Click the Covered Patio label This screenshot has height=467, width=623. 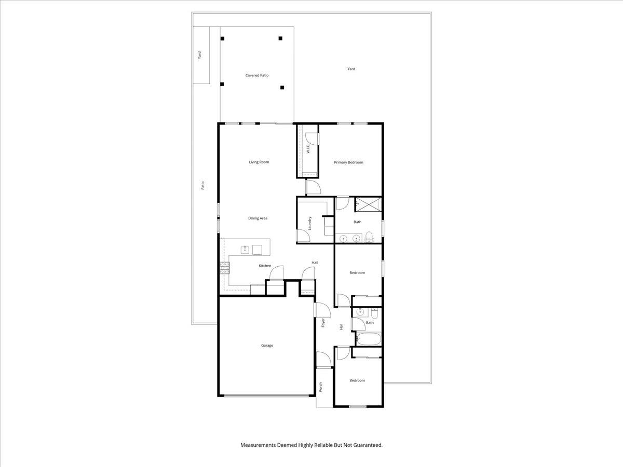[x=257, y=75]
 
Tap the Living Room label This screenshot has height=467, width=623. [x=259, y=162]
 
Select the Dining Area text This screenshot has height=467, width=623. [x=258, y=218]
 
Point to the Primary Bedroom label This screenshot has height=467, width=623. [x=348, y=162]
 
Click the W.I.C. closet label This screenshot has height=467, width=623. [x=308, y=149]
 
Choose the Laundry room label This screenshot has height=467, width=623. [x=310, y=223]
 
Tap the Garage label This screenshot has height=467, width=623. [x=267, y=346]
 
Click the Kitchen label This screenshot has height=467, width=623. [x=265, y=266]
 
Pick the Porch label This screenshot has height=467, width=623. [x=321, y=387]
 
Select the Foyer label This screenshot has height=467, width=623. [x=323, y=322]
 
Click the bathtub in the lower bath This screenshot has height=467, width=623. [x=369, y=339]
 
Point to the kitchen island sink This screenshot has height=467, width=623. [x=245, y=250]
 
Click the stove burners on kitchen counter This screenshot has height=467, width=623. [x=225, y=267]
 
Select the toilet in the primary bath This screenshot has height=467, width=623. [x=369, y=238]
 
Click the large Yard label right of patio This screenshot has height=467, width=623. [x=351, y=68]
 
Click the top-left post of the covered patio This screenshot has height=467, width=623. [x=222, y=38]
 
